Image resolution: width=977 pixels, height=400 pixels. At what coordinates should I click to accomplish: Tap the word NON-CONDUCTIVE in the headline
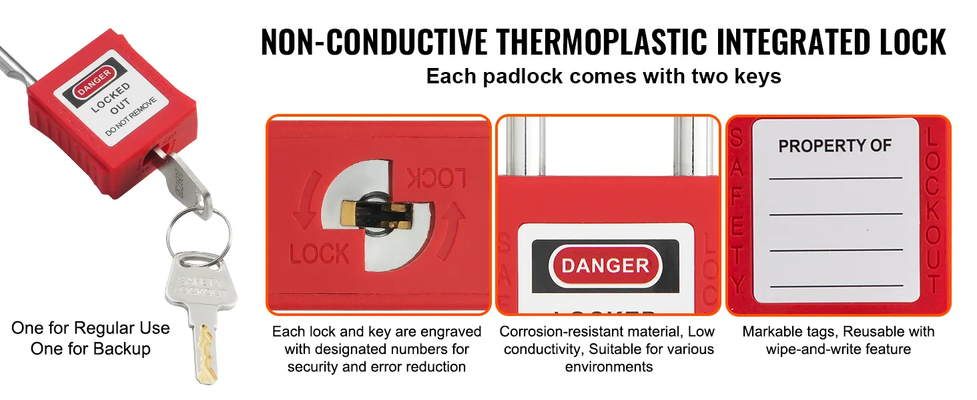click(374, 42)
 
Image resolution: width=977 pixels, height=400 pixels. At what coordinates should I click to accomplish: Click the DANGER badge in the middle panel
click(605, 265)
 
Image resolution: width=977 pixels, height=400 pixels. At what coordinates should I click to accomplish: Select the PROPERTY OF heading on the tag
click(835, 146)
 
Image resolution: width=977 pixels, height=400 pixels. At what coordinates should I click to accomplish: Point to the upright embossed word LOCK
click(319, 254)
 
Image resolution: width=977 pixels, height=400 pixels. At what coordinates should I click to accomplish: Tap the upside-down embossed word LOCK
click(436, 179)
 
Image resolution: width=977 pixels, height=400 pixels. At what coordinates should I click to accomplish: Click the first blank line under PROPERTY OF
click(835, 178)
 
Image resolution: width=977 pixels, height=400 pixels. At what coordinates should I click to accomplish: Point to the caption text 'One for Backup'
click(91, 349)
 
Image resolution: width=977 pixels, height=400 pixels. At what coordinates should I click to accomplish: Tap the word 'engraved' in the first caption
click(448, 331)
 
